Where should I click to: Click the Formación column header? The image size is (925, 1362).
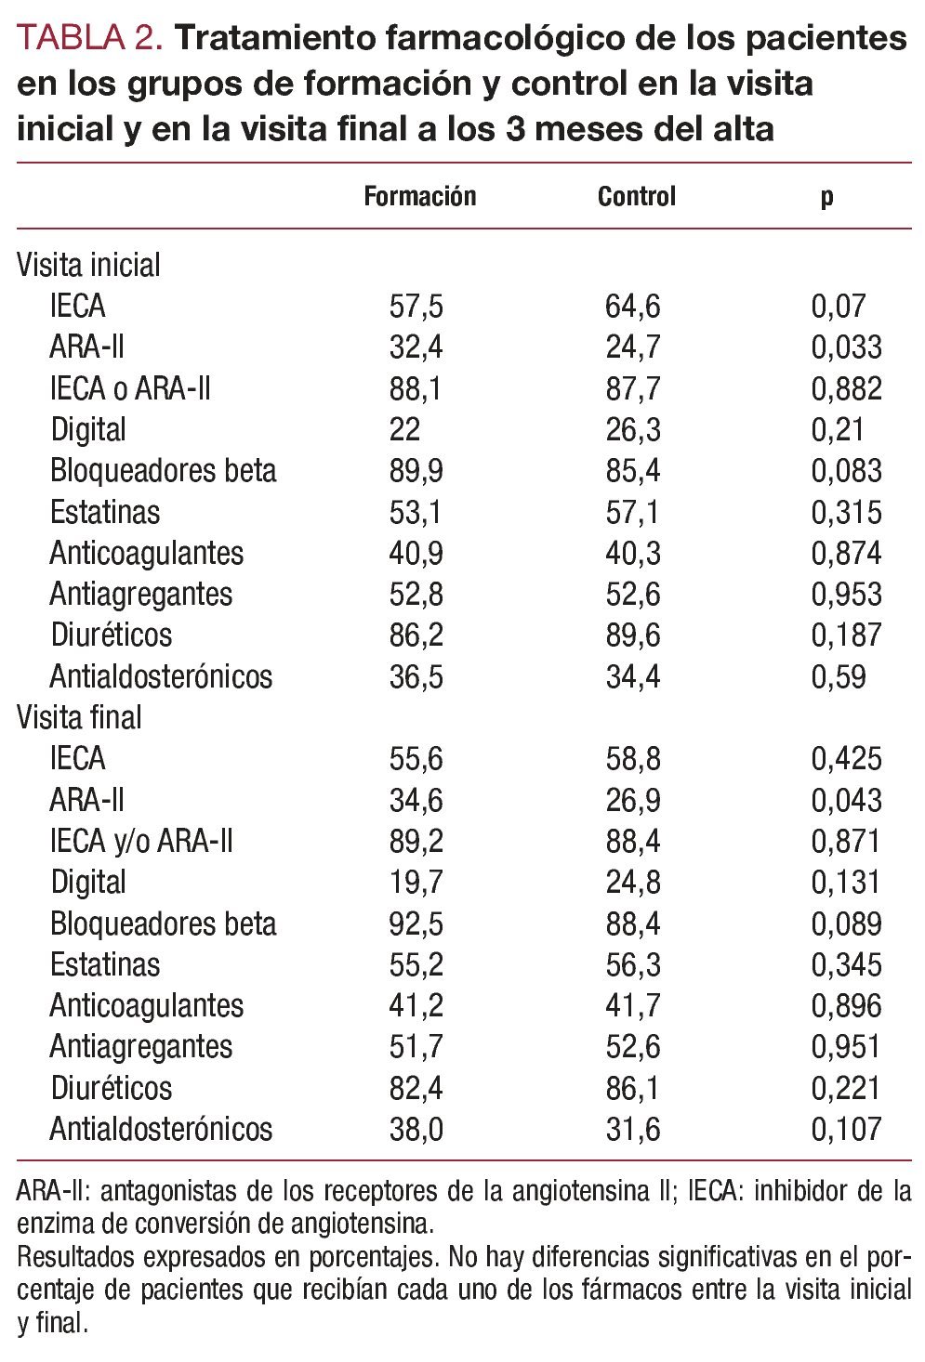419,197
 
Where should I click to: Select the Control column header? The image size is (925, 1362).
636,197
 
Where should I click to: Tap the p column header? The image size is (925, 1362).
826,197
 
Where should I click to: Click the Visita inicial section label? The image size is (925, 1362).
88,265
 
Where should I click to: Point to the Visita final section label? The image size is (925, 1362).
79,717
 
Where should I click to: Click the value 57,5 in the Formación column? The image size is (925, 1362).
416,306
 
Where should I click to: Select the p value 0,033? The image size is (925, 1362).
846,347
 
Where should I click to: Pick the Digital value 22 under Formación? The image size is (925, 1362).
404,429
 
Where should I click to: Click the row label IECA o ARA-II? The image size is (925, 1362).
130,388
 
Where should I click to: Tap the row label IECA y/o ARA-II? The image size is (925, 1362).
141,841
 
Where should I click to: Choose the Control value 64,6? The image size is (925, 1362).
633,306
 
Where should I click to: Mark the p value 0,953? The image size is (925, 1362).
846,594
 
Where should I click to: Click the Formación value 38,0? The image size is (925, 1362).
416,1129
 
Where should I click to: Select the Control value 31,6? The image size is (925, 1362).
633,1129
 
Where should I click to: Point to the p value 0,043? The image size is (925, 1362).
846,800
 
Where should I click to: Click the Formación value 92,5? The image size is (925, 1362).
416,923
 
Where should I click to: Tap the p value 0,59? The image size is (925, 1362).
839,676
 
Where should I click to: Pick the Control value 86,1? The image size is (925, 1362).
633,1088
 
